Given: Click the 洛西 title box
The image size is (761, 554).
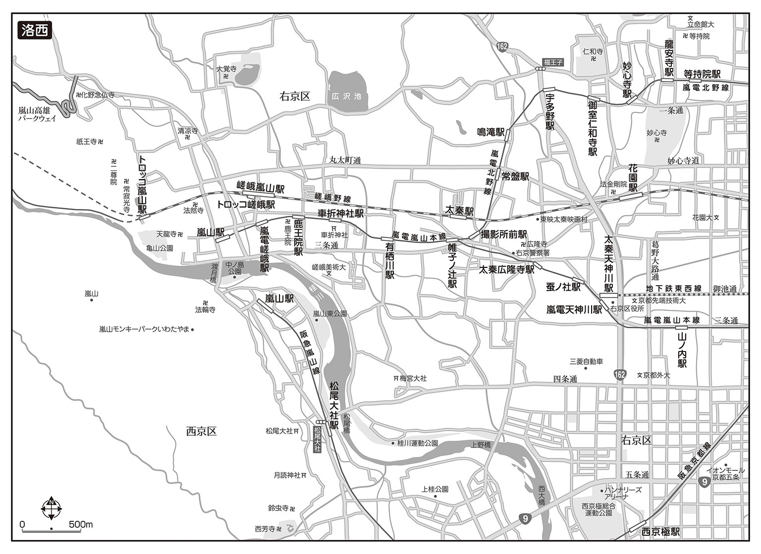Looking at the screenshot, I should (34, 30).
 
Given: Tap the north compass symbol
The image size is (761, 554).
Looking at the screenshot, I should (51, 507).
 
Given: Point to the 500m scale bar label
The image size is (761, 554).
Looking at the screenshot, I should (81, 524).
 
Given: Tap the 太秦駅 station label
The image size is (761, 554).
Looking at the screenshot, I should (460, 210).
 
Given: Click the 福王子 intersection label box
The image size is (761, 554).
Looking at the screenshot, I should (553, 62).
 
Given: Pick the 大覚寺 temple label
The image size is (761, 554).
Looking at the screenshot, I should (226, 69).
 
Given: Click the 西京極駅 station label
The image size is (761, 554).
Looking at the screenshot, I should (660, 532).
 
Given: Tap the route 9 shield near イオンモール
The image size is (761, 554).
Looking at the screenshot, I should (705, 481).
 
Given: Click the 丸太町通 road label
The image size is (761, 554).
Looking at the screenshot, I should (345, 160).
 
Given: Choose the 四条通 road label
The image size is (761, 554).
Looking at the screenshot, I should (565, 379).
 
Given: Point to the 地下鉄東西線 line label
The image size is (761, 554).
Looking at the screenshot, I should (673, 288).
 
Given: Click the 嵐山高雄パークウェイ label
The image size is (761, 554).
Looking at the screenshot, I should (38, 114).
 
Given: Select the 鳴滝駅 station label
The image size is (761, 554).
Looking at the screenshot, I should (490, 132).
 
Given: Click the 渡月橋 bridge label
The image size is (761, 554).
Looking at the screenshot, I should (213, 273).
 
